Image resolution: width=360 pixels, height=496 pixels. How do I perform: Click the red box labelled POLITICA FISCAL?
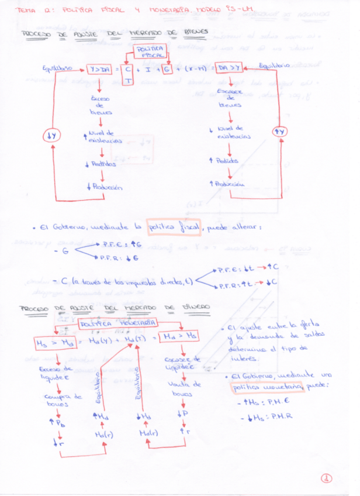(151, 51)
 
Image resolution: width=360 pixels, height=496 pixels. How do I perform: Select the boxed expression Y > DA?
(99, 70)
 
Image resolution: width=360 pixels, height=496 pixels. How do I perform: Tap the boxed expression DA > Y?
(229, 68)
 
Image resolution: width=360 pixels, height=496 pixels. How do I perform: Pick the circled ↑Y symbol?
(280, 132)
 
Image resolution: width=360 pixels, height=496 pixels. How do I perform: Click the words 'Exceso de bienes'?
(98, 105)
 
